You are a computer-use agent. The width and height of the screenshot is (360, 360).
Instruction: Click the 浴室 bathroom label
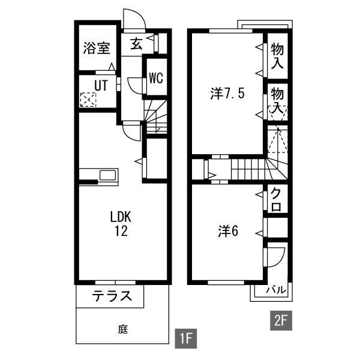coord(97,48)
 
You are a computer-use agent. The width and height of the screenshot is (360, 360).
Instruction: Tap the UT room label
coord(101,85)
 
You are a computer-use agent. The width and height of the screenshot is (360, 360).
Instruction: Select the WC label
coord(156,77)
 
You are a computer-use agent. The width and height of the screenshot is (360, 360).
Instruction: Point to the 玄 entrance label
coord(136,44)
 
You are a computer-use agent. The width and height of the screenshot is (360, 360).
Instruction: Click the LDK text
coord(121,217)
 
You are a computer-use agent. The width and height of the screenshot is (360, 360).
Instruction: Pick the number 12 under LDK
coord(121,231)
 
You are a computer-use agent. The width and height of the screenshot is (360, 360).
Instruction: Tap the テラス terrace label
coord(112,296)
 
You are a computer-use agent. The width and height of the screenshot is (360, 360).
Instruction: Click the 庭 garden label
coord(123,329)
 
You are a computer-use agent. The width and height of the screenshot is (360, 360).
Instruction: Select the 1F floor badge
coord(186,338)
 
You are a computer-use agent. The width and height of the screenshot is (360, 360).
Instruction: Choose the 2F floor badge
coord(281,320)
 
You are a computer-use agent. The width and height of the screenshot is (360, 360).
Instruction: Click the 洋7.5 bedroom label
coord(227,94)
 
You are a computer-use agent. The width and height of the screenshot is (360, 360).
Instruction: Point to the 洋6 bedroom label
coord(228,231)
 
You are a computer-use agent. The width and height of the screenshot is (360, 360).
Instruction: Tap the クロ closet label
coord(276,199)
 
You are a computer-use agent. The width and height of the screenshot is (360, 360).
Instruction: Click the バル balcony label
coord(276,290)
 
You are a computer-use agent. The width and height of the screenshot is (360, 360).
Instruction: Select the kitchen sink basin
coord(107,175)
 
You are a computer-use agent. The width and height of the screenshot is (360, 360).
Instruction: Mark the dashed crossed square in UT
coord(88,100)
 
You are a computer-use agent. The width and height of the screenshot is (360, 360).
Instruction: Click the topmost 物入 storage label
coord(277,56)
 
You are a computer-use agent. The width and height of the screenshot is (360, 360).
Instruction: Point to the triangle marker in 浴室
coord(112,67)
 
